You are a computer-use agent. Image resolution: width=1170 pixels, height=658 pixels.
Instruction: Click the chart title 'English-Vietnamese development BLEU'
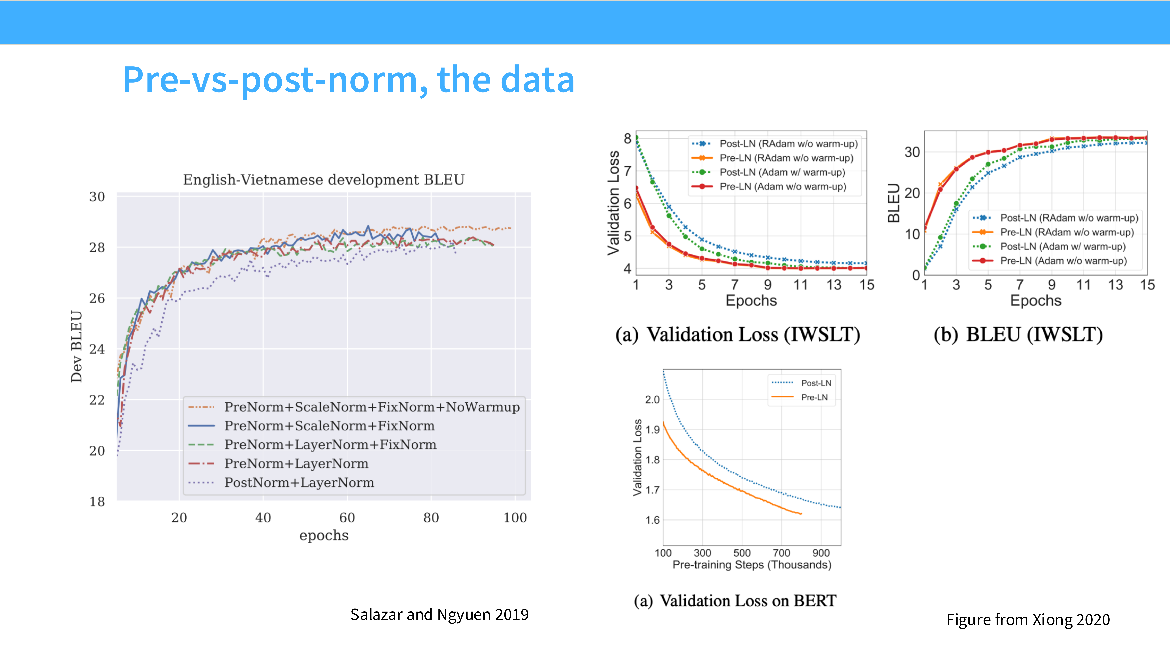tap(323, 180)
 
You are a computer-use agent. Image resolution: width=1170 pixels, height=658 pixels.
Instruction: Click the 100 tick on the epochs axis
tap(515, 518)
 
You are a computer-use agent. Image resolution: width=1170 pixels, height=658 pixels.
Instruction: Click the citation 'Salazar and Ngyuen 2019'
tap(439, 614)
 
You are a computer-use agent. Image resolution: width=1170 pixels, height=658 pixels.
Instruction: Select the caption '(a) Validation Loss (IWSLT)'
tap(738, 335)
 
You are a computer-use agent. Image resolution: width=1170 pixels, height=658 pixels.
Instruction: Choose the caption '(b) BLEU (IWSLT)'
tap(1018, 335)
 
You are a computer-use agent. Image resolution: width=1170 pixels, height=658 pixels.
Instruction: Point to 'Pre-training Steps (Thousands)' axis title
tap(752, 565)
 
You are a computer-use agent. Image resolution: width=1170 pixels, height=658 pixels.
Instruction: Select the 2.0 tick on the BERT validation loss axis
tap(652, 400)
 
